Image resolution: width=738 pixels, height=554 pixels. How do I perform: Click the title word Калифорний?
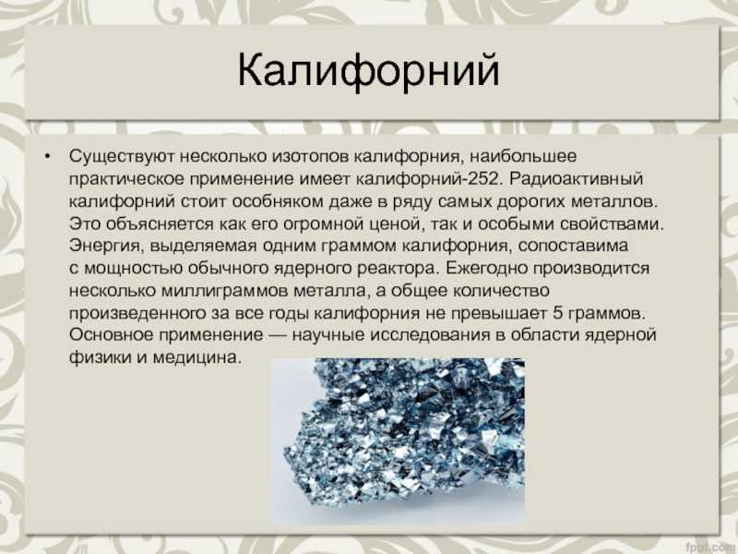(368, 71)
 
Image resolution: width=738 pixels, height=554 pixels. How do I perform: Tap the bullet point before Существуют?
(47, 156)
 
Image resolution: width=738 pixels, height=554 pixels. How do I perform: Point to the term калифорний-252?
(427, 178)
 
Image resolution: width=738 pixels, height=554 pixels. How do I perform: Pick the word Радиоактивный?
(576, 178)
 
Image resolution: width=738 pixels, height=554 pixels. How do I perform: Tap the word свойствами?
(612, 223)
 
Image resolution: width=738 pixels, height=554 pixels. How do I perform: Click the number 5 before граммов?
(557, 313)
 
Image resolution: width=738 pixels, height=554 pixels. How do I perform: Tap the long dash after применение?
(278, 335)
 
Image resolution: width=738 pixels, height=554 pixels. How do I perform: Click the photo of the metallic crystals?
(398, 441)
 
